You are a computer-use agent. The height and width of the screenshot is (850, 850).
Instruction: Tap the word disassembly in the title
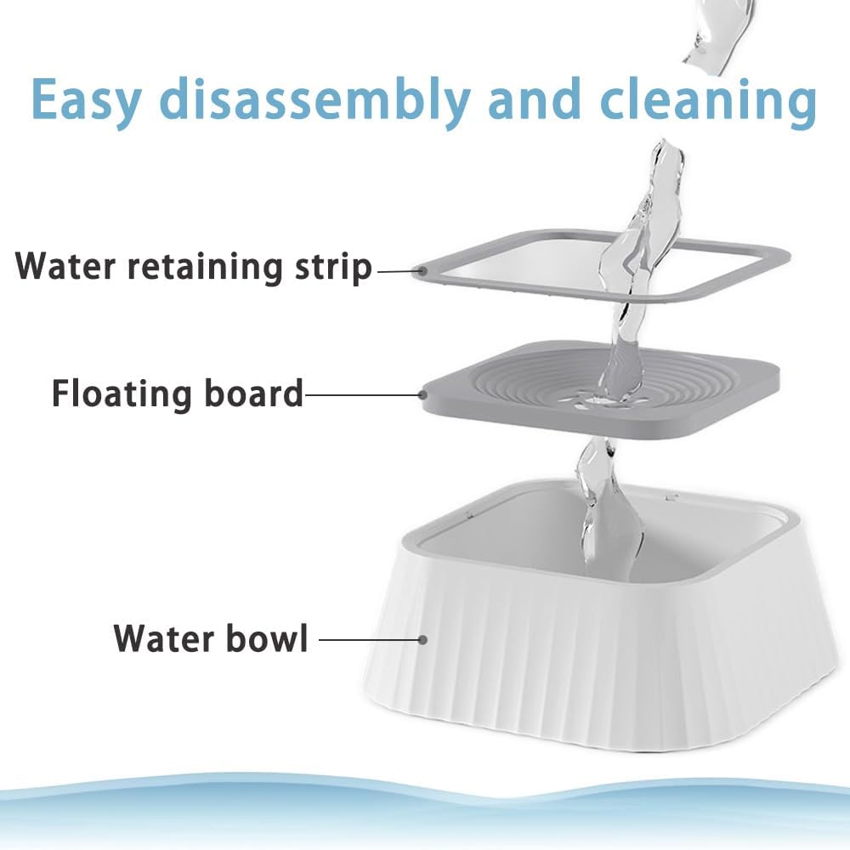click(314, 100)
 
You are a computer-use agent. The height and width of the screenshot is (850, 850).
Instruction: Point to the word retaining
click(206, 267)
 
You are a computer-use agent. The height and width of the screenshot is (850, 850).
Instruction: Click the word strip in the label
click(333, 267)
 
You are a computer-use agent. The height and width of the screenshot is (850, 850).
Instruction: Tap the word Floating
click(122, 394)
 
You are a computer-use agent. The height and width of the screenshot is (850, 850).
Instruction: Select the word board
click(253, 393)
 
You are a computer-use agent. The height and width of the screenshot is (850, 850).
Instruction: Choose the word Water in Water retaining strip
click(65, 266)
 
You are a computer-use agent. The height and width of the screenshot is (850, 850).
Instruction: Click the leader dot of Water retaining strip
click(420, 271)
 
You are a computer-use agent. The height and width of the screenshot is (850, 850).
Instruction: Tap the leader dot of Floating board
click(422, 394)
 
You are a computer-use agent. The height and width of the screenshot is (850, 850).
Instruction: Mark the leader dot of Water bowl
click(422, 640)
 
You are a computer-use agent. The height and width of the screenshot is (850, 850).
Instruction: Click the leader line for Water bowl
click(369, 640)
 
